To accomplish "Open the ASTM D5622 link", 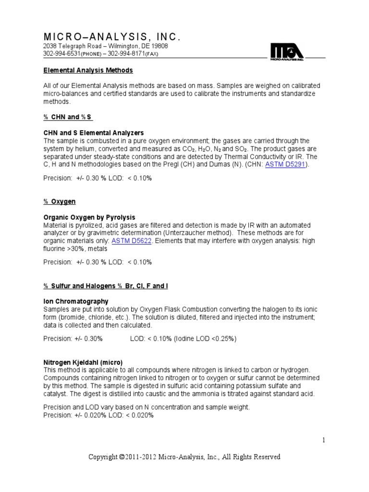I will [132, 241].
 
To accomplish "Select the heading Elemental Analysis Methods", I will [88, 70].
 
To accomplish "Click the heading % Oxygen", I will [60, 201].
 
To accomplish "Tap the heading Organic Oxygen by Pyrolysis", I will [89, 217].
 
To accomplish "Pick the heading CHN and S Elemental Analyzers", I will [94, 133].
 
